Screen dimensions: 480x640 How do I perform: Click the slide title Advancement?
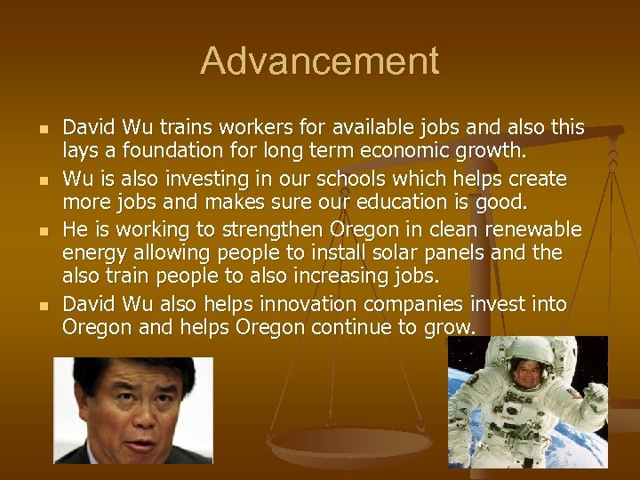(x=320, y=61)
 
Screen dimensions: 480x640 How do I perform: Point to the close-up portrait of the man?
(x=133, y=410)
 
